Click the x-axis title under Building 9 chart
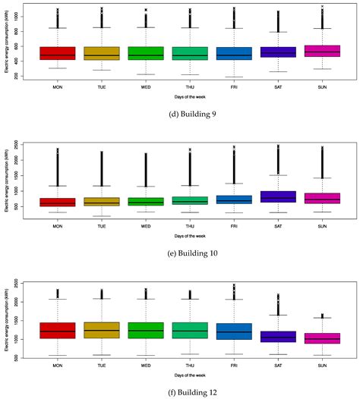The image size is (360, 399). [180, 97]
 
